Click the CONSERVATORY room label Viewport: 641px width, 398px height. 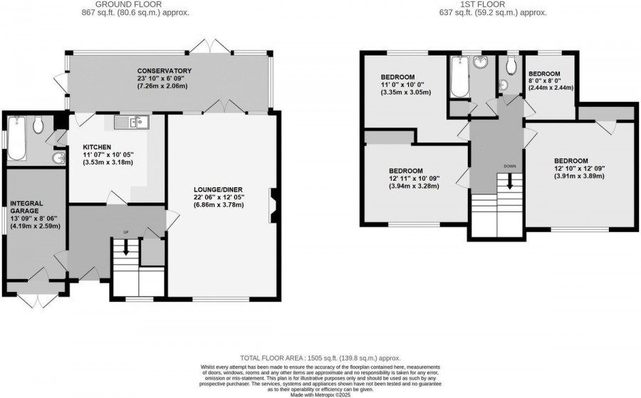click(x=165, y=70)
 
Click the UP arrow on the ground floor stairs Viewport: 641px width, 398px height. click(x=126, y=247)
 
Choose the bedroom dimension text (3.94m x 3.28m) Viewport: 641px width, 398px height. click(x=414, y=187)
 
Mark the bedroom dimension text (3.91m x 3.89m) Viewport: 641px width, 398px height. click(x=580, y=177)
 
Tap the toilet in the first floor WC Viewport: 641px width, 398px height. click(x=511, y=68)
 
